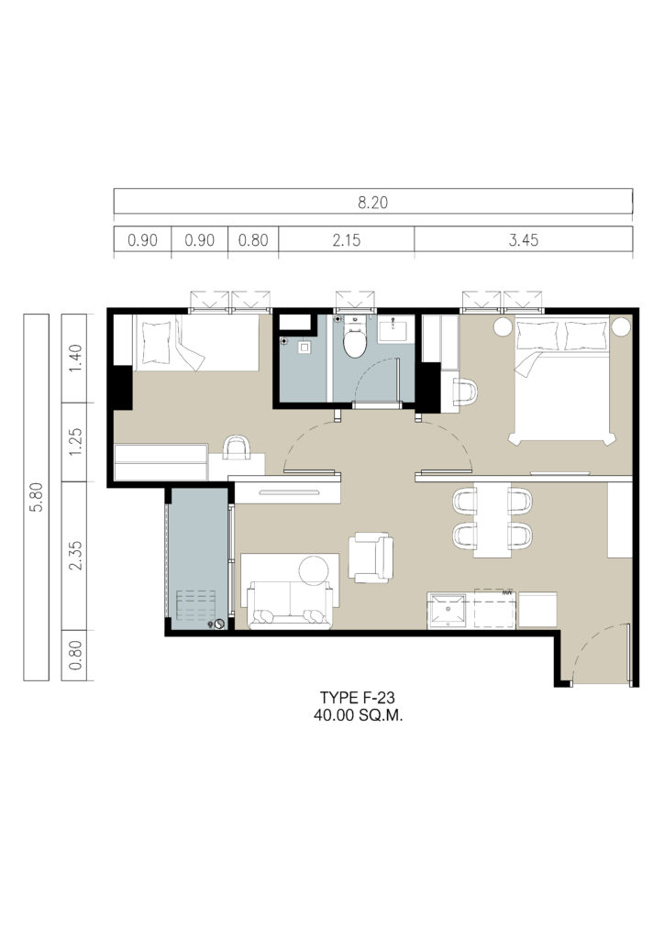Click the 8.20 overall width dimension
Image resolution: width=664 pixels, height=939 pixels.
pyautogui.click(x=372, y=203)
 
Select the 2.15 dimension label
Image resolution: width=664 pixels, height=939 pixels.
pyautogui.click(x=347, y=240)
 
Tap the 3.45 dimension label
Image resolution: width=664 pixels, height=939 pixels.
pyautogui.click(x=524, y=240)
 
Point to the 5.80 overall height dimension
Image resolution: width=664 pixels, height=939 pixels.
pyautogui.click(x=37, y=497)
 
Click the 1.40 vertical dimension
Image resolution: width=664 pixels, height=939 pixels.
pyautogui.click(x=75, y=358)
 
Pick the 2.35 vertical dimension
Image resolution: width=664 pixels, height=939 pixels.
pyautogui.click(x=75, y=555)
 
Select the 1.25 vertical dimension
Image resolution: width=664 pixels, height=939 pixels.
pyautogui.click(x=75, y=441)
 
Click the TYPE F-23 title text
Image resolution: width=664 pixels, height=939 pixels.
pyautogui.click(x=358, y=698)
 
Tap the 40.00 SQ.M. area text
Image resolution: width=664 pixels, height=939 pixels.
pyautogui.click(x=358, y=715)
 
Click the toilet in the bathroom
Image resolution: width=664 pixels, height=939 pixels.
pyautogui.click(x=354, y=339)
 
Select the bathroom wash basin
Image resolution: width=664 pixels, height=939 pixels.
pyautogui.click(x=396, y=328)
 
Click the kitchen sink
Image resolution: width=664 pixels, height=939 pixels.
pyautogui.click(x=447, y=610)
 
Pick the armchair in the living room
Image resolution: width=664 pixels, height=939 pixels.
pyautogui.click(x=371, y=558)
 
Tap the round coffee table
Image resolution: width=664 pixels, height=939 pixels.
pyautogui.click(x=314, y=570)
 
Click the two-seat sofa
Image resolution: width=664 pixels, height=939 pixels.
pyautogui.click(x=290, y=605)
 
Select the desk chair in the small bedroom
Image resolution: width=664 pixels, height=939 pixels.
pyautogui.click(x=237, y=447)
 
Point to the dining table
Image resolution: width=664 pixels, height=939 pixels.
pyautogui.click(x=492, y=520)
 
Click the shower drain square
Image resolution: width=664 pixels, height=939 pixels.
pyautogui.click(x=305, y=347)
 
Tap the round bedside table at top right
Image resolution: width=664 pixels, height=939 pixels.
pyautogui.click(x=621, y=326)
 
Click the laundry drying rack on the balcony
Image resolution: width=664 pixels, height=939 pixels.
pyautogui.click(x=195, y=606)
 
